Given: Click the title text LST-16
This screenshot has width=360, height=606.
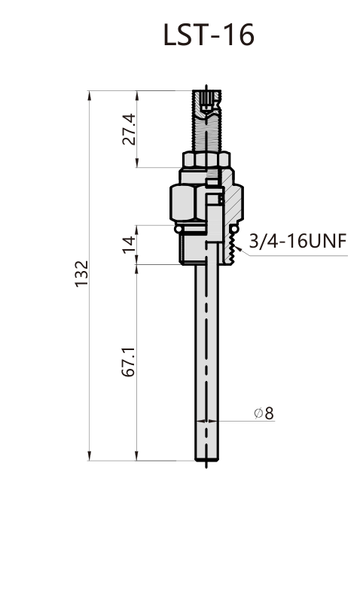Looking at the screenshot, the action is click(x=209, y=35).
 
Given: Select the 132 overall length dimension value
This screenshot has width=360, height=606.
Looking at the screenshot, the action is click(x=81, y=273).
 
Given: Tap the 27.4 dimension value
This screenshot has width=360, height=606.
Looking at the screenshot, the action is click(x=129, y=129).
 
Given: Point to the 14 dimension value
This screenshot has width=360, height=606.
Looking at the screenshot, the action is click(x=129, y=245).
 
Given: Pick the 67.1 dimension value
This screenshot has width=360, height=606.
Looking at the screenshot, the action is click(x=129, y=362).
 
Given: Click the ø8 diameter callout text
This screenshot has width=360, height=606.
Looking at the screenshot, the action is click(x=264, y=413).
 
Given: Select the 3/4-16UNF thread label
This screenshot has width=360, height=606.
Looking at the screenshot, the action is click(x=297, y=241).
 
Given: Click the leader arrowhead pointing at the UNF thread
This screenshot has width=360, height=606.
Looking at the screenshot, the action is click(x=238, y=248).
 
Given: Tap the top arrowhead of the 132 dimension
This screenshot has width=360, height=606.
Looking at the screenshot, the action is click(x=90, y=96).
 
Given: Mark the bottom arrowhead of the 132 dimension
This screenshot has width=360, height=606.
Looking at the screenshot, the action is click(x=90, y=455).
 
